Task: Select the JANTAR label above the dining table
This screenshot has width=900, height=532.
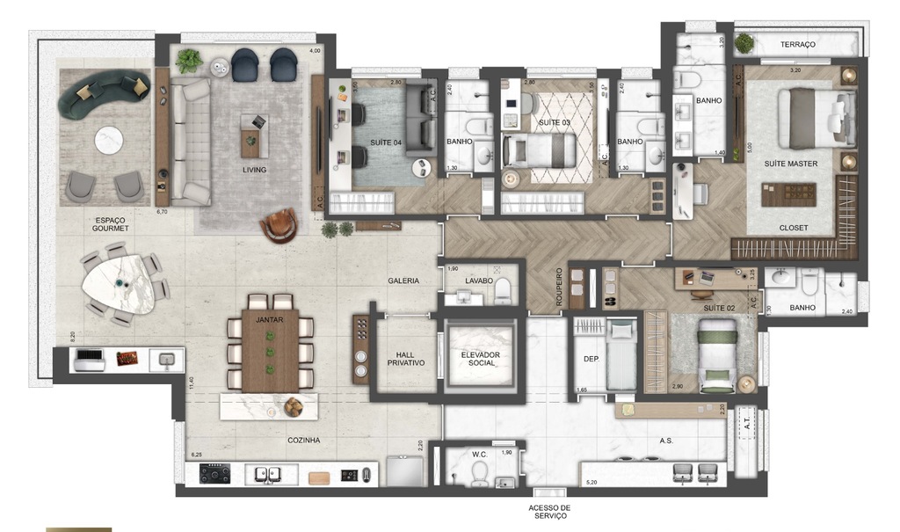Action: click(x=269, y=321)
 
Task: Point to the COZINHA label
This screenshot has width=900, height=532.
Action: click(x=302, y=440)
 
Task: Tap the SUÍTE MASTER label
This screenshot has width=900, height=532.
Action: click(x=791, y=164)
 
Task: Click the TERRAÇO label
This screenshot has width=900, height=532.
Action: click(x=796, y=44)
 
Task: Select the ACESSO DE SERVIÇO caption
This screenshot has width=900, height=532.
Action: click(x=550, y=513)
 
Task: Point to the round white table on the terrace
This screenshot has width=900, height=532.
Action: click(x=110, y=139)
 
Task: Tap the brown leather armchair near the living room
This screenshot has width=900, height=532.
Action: click(x=278, y=225)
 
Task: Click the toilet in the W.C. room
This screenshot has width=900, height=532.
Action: click(x=479, y=473)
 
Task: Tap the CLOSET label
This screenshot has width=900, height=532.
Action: click(x=794, y=228)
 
